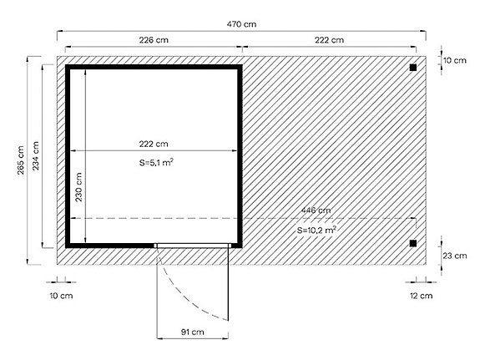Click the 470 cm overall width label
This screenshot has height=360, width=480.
coord(241,25)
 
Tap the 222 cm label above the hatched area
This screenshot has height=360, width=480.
coord(330,40)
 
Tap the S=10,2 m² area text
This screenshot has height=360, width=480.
coord(316,228)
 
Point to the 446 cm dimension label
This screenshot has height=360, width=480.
coord(316,210)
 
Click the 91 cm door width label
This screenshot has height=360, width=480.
coord(192,332)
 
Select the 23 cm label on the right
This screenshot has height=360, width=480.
coord(455,256)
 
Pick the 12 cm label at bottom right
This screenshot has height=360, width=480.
coord(422,295)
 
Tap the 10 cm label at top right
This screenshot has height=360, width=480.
coord(455,61)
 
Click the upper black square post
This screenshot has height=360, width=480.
coord(412,68)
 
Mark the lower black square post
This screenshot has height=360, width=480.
coord(412,243)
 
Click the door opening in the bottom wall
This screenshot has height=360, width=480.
coord(193,245)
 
